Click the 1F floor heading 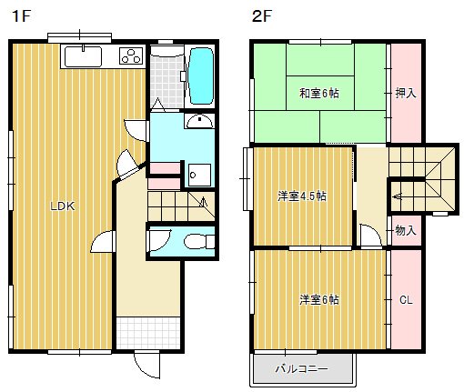click(19, 16)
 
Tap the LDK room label click(62, 206)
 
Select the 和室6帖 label click(313, 93)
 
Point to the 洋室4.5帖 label click(303, 196)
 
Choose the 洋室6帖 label click(318, 299)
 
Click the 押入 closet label click(406, 93)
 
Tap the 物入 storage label click(406, 231)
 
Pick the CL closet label click(406, 299)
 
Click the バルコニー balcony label click(302, 369)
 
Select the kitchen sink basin click(84, 57)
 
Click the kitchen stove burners click(129, 56)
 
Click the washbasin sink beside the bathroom click(198, 123)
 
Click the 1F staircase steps click(177, 203)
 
